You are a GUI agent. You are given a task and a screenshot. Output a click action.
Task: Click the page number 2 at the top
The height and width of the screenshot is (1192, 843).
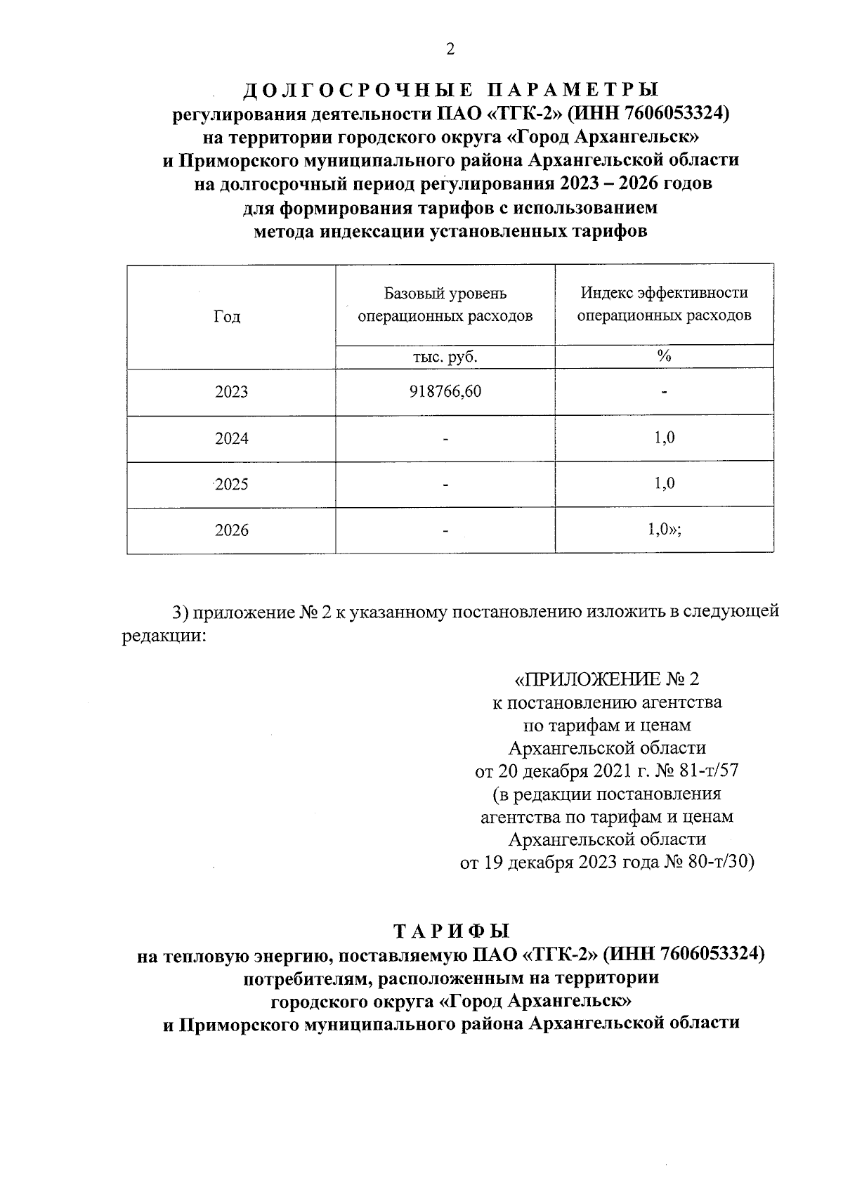[x=450, y=49]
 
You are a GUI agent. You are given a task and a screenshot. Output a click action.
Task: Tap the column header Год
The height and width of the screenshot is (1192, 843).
[x=227, y=317]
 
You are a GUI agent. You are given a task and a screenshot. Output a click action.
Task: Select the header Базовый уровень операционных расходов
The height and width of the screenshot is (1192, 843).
[x=445, y=304]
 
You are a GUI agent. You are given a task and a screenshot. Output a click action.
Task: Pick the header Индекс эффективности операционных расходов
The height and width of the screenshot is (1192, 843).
[x=664, y=304]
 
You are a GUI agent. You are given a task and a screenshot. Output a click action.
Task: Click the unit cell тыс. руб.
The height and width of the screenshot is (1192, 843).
[x=445, y=357]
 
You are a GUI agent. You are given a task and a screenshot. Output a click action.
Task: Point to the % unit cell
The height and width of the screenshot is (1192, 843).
[x=664, y=357]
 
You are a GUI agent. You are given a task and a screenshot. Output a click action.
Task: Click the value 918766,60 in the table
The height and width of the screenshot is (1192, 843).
[x=445, y=391]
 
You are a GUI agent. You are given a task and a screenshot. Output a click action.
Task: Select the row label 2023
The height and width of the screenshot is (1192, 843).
[x=232, y=392]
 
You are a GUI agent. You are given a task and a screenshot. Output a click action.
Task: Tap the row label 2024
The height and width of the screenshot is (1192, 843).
[x=232, y=439]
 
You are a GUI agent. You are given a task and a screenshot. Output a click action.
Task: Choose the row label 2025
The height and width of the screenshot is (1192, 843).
[x=232, y=485]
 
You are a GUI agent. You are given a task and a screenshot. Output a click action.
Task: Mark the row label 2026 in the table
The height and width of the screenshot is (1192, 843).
[x=232, y=530]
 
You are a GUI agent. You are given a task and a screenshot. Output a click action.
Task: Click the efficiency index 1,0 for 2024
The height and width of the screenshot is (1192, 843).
[x=664, y=438]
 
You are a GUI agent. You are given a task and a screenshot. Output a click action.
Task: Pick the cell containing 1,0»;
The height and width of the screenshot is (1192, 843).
[x=665, y=530]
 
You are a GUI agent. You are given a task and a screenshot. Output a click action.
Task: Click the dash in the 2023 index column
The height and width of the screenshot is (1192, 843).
[x=664, y=392]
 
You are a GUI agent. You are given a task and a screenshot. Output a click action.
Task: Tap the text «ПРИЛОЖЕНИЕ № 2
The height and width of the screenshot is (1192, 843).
[x=607, y=679]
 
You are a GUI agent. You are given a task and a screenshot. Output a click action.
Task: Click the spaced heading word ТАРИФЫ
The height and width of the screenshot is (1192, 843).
[x=450, y=931]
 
